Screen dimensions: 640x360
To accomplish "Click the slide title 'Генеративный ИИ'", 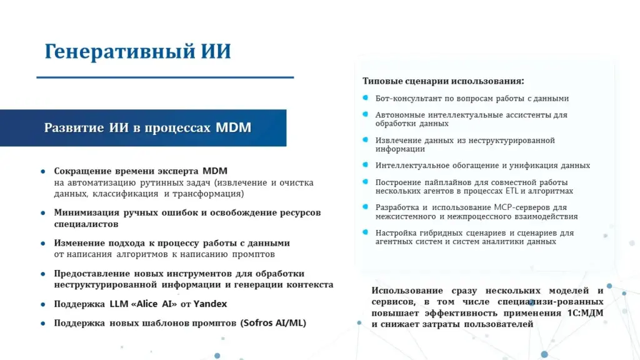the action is (x=137, y=52).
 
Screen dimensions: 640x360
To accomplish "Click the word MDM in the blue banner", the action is (x=233, y=127).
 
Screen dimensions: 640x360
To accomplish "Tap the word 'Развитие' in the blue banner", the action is (x=74, y=128).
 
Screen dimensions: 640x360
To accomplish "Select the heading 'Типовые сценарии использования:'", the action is (x=443, y=81).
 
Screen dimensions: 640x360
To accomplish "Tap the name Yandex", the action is (x=210, y=304).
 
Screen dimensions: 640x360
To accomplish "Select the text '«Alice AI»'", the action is (x=154, y=304).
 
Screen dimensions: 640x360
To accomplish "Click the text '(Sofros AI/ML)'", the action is (x=273, y=323).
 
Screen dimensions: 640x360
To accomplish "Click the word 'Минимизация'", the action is (x=86, y=212).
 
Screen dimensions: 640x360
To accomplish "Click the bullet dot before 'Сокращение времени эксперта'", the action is (x=43, y=171).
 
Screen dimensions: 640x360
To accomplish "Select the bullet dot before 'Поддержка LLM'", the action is (x=43, y=304).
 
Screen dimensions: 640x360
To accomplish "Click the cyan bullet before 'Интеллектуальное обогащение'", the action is (x=365, y=165).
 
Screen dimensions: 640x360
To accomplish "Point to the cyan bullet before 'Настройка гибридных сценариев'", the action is (x=365, y=232).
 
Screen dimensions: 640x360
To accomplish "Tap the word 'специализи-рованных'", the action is (x=550, y=302).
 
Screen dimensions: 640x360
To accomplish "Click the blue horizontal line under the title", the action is (x=165, y=77).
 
